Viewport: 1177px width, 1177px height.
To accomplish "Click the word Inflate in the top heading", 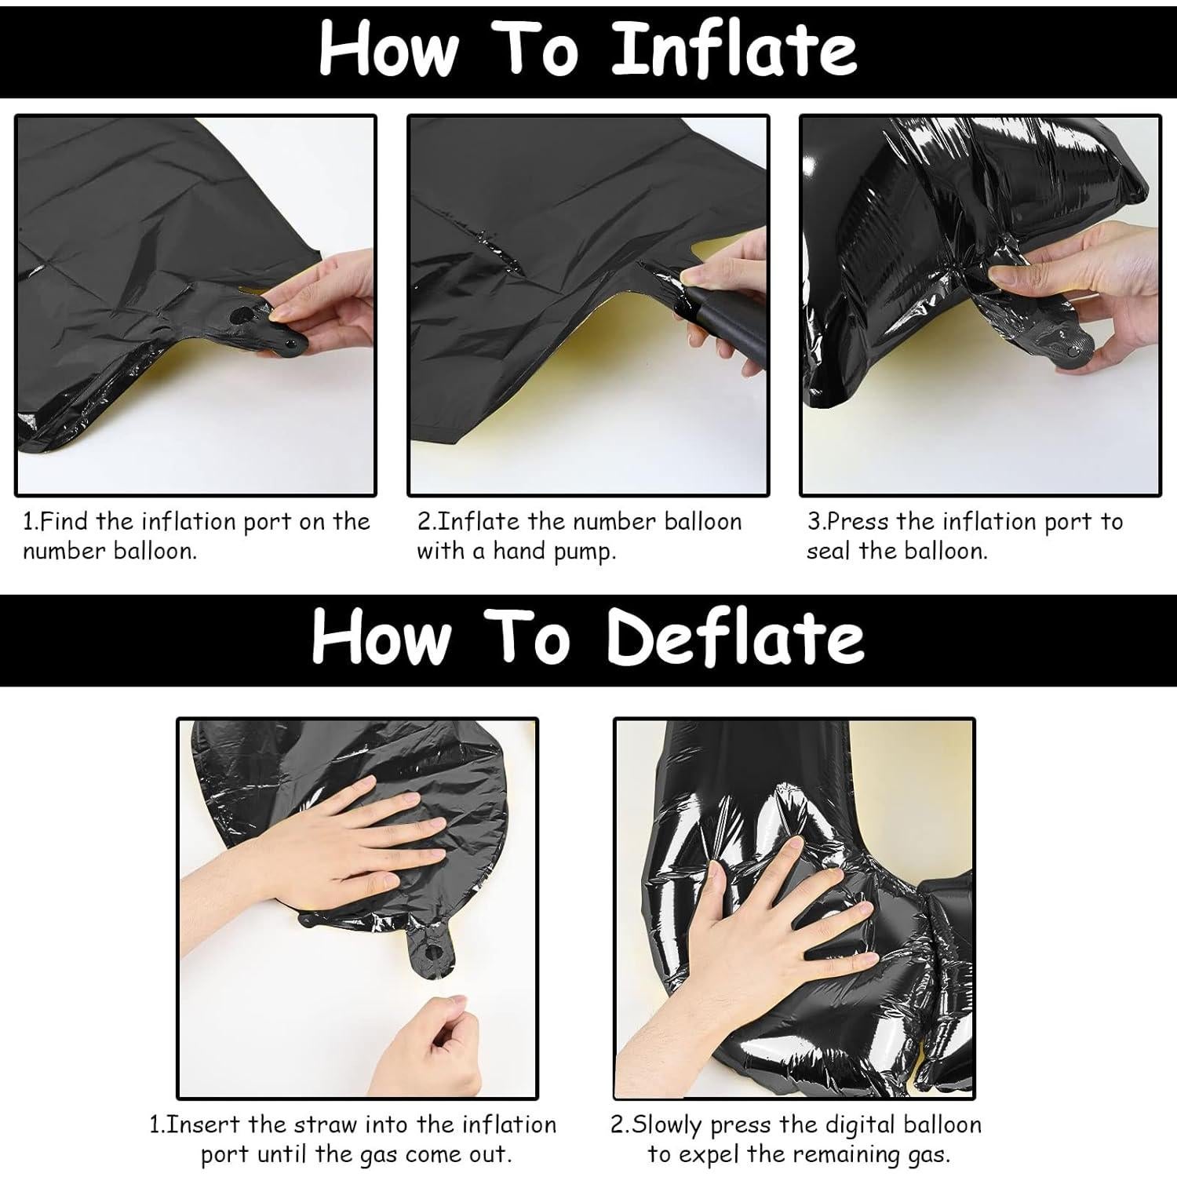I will [733, 49].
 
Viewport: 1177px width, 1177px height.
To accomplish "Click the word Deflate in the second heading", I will [735, 639].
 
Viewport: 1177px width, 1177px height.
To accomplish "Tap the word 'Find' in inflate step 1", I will [67, 522].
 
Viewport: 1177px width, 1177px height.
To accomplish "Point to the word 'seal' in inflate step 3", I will [830, 552].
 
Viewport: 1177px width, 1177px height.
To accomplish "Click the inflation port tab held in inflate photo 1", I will [259, 322].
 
